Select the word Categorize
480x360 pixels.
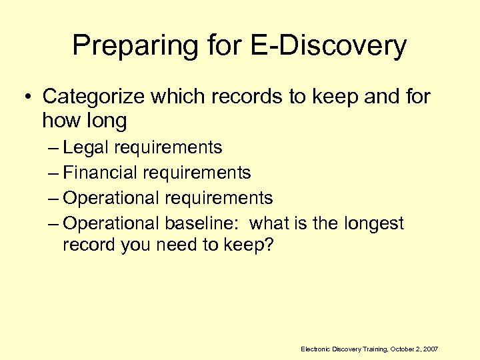click(x=93, y=97)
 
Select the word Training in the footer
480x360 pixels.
click(x=372, y=349)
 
